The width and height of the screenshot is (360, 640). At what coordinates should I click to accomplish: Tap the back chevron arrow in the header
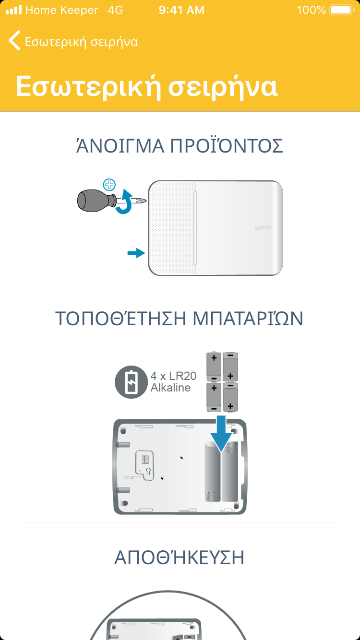click(14, 41)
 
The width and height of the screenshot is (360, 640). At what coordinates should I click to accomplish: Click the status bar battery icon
click(342, 10)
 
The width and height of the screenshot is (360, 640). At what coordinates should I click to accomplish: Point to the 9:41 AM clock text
click(181, 10)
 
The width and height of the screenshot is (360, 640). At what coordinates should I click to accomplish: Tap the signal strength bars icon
click(14, 10)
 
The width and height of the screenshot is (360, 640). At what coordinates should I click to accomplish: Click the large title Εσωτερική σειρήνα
click(147, 86)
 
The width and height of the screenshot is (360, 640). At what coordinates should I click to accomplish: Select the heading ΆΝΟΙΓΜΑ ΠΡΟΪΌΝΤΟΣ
click(180, 145)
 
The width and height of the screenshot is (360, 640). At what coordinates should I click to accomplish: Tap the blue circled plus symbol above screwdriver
click(109, 185)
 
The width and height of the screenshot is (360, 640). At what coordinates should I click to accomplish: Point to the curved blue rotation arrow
click(125, 201)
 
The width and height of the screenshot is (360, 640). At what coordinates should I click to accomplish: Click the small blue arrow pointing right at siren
click(136, 253)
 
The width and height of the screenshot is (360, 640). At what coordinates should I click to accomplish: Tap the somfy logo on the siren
click(263, 228)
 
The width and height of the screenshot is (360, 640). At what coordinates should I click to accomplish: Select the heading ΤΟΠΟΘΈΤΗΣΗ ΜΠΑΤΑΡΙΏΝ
click(180, 318)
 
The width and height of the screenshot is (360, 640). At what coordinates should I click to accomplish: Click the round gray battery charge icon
click(131, 382)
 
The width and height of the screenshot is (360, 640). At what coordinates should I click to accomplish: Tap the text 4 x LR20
click(174, 376)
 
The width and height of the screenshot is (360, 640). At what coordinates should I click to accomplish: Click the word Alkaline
click(171, 388)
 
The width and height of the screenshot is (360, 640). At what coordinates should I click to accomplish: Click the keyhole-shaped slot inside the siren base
click(148, 471)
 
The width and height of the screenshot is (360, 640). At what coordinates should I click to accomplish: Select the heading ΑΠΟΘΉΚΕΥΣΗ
click(180, 557)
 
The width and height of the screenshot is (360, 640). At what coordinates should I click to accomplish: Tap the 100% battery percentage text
click(311, 10)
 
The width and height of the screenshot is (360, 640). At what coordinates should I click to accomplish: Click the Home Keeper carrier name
click(61, 10)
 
